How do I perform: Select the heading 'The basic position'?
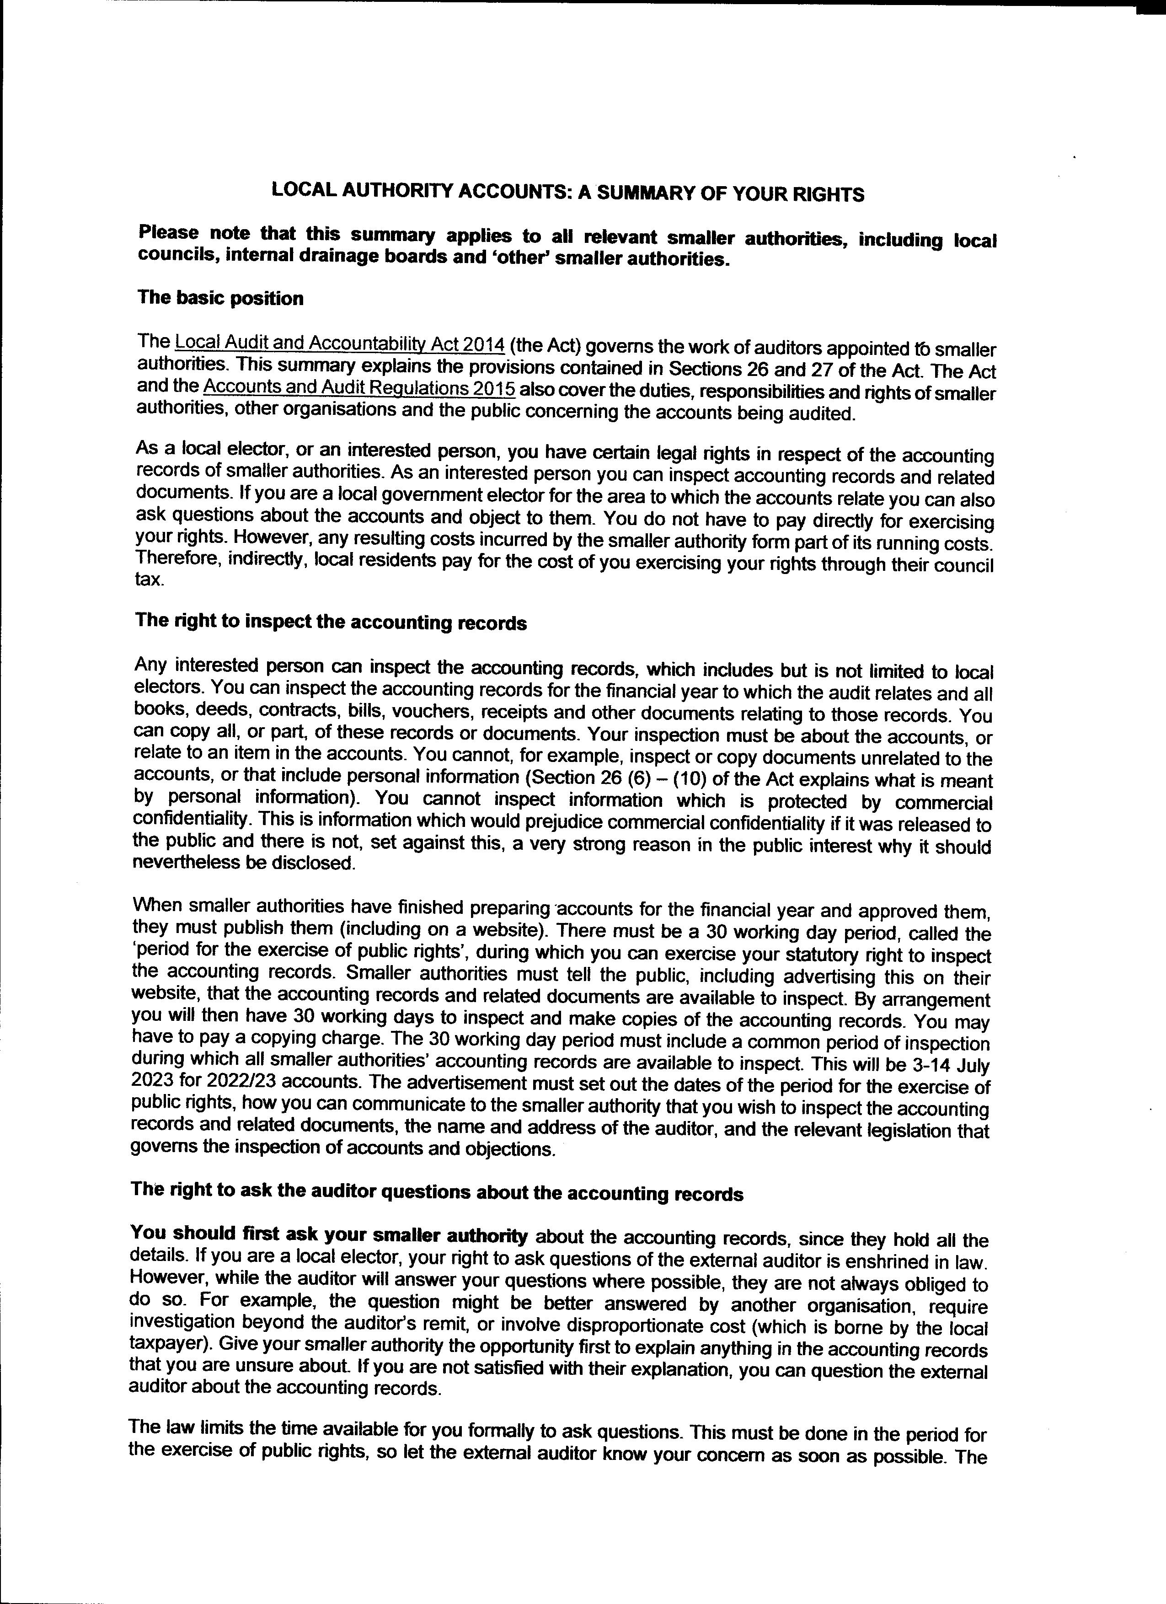(220, 298)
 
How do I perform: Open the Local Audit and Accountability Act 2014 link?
(339, 344)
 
